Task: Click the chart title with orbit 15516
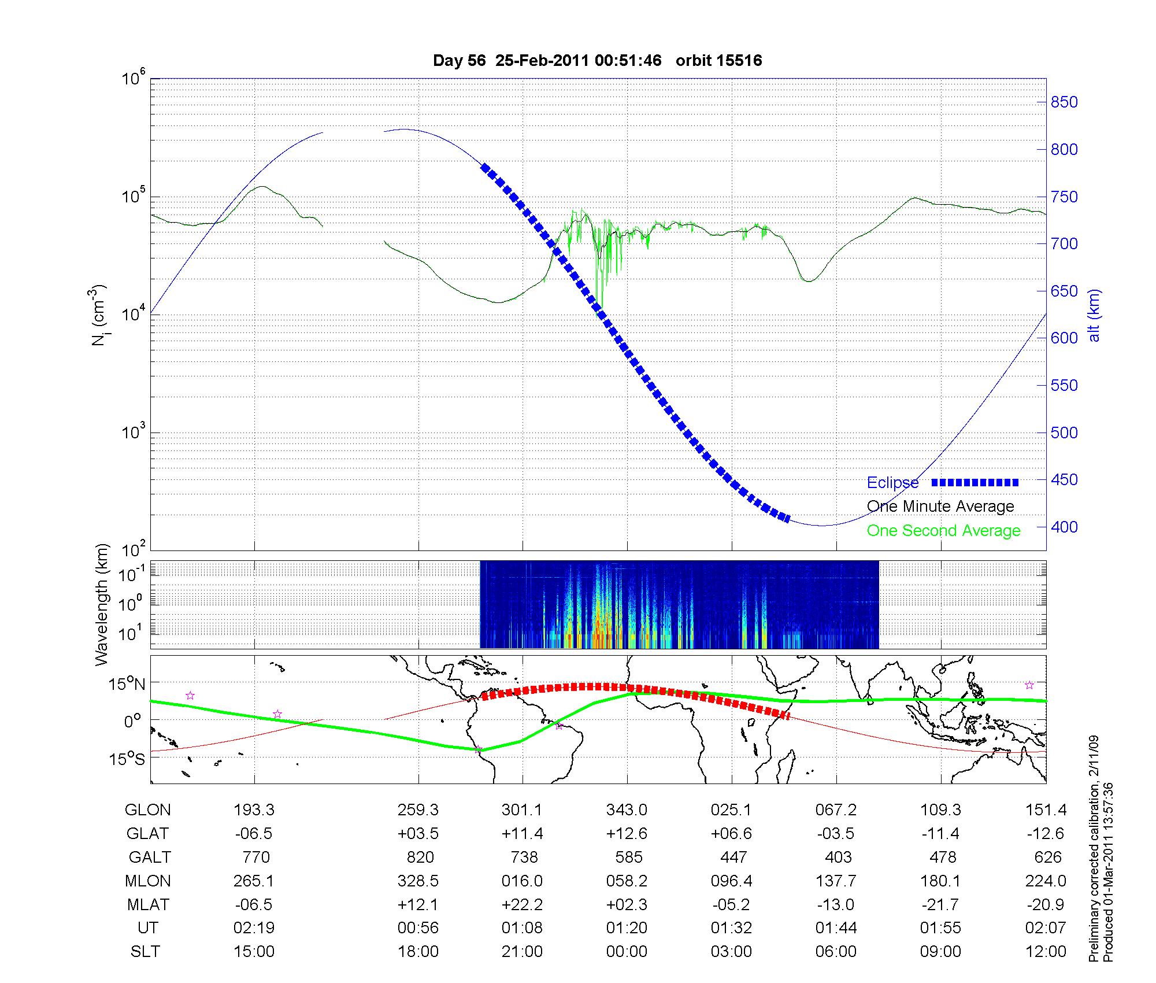point(597,61)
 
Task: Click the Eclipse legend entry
point(892,482)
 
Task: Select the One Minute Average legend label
point(940,507)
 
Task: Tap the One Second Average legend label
point(943,531)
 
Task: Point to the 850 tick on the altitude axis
point(1064,102)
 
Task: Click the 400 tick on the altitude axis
point(1064,527)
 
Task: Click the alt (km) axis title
point(1094,315)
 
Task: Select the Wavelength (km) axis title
point(102,604)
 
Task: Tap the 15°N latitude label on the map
point(127,685)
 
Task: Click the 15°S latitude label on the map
point(127,759)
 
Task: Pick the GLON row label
point(147,810)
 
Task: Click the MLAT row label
point(148,904)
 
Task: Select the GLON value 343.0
point(627,810)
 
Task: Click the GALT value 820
point(420,857)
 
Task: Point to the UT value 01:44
point(836,928)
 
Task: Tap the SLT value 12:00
point(1046,951)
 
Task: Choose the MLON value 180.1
point(940,881)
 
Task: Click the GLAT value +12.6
point(627,833)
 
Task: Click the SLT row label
point(144,951)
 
